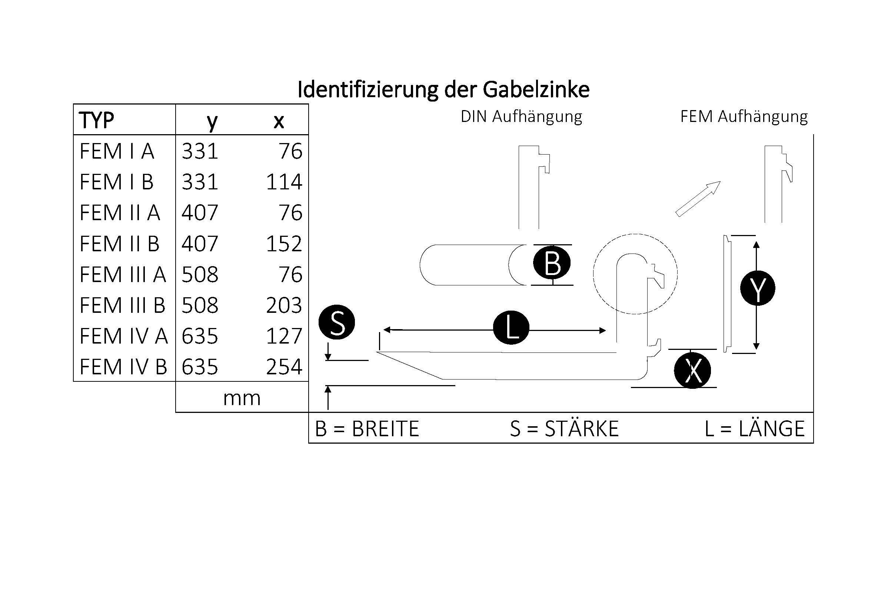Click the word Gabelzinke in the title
536,90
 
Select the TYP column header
96,120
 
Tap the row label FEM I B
116,182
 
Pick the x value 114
284,182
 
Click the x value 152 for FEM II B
284,244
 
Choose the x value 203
284,305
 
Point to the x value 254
284,367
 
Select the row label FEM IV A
123,336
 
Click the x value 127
284,336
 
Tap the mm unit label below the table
242,398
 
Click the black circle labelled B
552,263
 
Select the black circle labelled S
337,322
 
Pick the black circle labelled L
511,328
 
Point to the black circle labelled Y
758,288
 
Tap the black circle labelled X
692,370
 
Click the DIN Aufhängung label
521,116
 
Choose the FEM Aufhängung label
744,116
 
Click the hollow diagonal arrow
698,199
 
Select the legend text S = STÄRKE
564,428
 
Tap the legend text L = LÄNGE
755,428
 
